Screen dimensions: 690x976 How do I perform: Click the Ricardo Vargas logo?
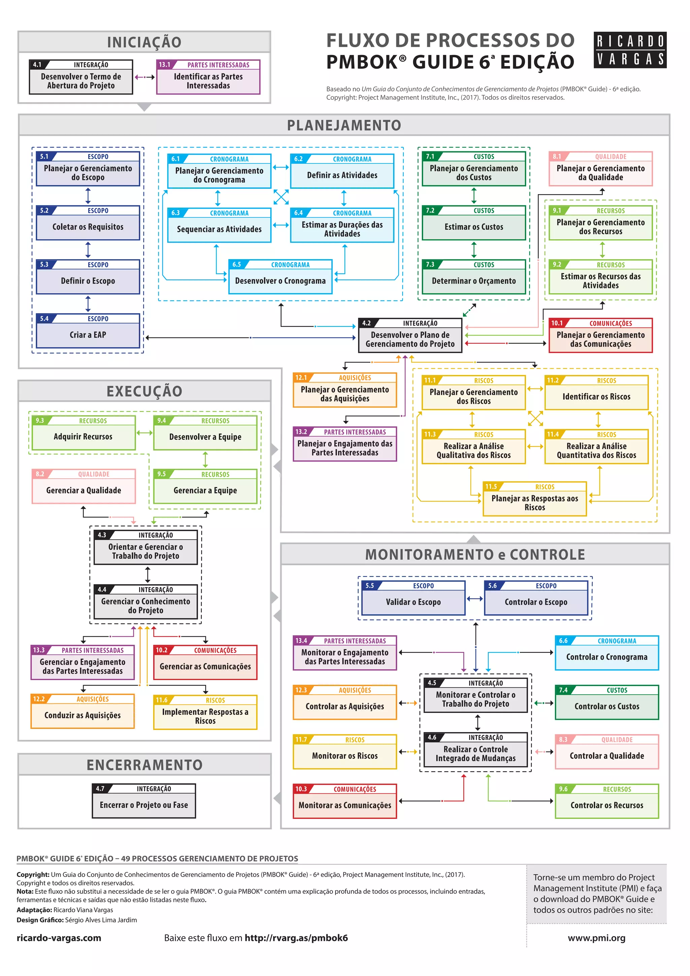630,50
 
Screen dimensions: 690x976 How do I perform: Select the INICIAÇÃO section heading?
144,42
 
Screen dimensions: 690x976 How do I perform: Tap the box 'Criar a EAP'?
88,331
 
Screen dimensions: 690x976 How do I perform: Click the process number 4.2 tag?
366,323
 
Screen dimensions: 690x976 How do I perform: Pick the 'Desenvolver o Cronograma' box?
280,277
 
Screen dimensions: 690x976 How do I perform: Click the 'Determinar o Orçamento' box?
474,277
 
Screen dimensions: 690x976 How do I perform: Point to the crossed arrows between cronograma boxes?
281,197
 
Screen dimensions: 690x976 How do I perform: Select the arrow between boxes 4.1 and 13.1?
145,78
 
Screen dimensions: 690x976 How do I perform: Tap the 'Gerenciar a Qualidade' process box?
84,486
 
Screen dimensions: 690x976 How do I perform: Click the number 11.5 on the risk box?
491,486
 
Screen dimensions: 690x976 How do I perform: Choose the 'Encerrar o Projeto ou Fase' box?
144,801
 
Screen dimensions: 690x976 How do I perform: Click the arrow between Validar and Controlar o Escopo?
475,599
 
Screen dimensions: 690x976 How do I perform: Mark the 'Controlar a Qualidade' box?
607,752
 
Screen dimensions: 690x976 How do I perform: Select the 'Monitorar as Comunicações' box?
345,801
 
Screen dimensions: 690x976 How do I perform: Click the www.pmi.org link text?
597,938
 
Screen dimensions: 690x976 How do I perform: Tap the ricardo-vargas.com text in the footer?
59,938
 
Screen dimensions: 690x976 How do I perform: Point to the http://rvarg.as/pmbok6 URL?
296,938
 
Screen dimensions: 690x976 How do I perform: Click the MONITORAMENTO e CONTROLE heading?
475,554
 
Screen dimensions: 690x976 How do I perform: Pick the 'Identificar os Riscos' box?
597,392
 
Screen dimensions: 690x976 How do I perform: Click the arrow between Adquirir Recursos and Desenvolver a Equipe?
145,433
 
